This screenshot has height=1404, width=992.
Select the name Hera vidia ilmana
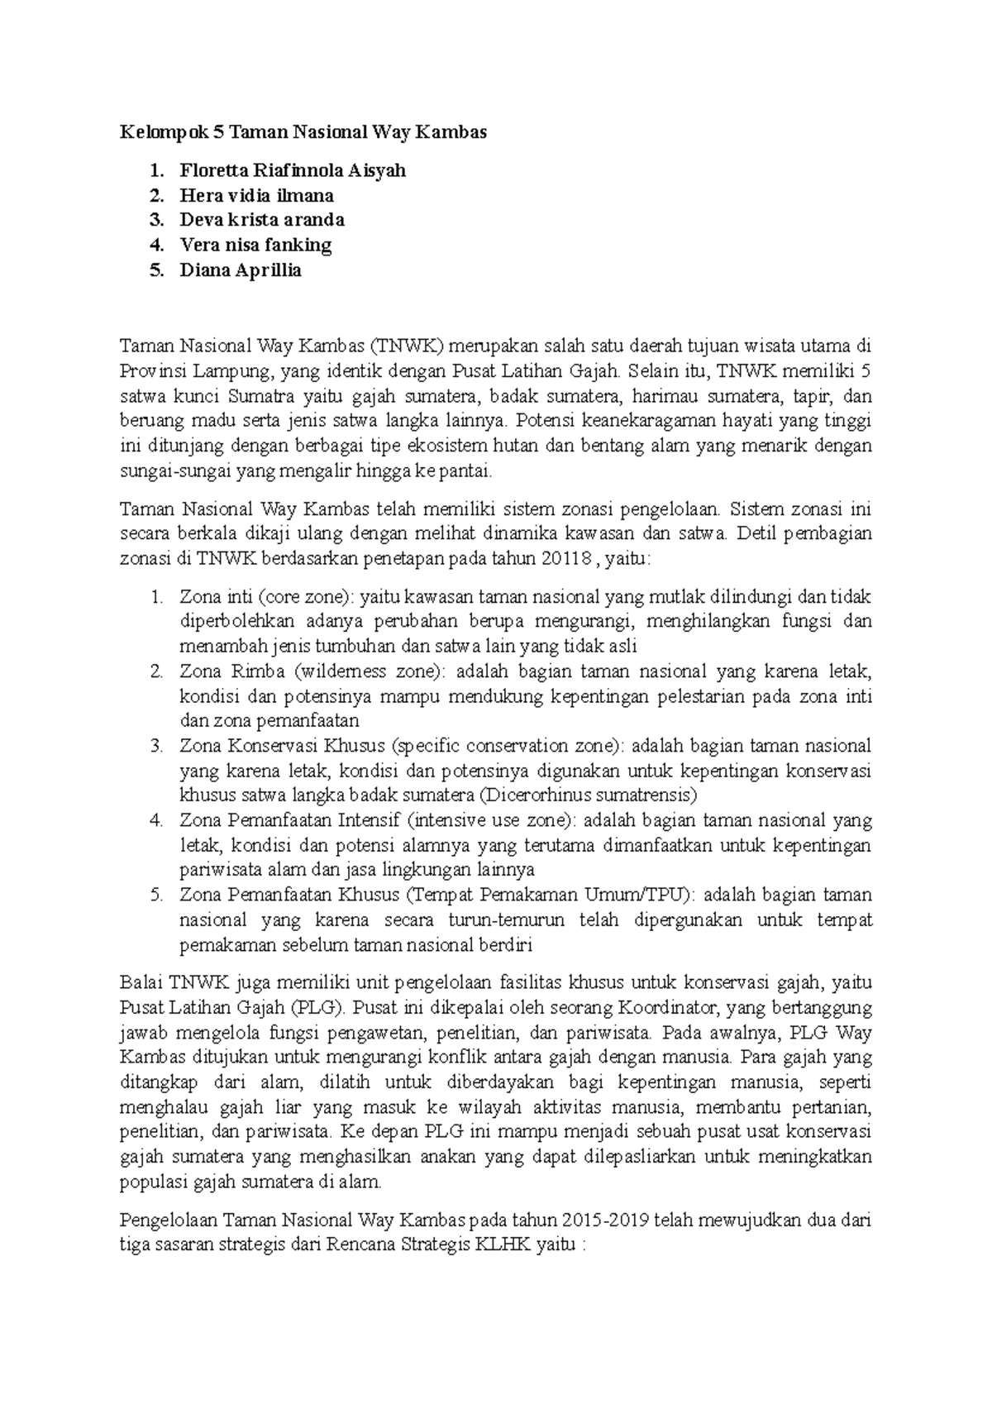[x=257, y=196]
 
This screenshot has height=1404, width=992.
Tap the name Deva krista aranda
[x=262, y=220]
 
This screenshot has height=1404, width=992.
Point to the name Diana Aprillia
[x=241, y=270]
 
